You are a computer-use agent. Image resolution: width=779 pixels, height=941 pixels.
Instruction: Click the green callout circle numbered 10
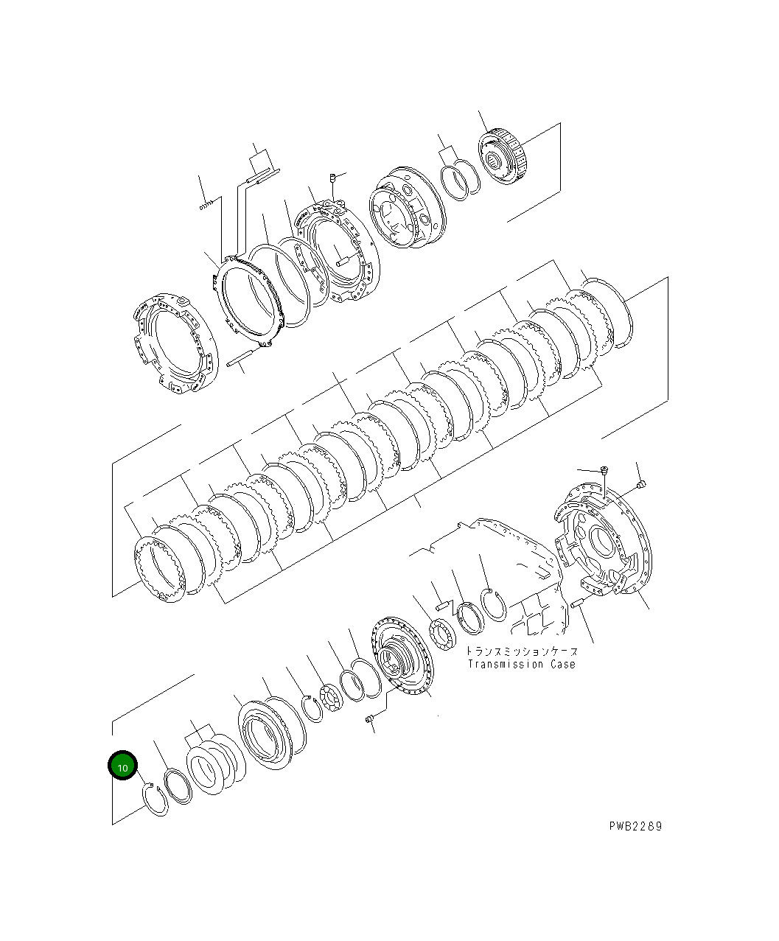point(122,766)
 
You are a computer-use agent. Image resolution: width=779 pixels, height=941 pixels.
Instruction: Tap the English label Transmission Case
point(521,664)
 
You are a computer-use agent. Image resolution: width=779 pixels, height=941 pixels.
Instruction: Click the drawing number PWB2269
point(635,826)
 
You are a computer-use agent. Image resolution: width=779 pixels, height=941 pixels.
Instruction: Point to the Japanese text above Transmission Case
point(521,651)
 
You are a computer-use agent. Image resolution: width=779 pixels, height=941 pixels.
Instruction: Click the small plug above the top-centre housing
point(332,177)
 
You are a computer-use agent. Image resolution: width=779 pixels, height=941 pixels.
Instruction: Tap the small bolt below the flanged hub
point(370,719)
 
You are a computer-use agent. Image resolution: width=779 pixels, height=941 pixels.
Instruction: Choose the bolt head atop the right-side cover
point(604,469)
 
